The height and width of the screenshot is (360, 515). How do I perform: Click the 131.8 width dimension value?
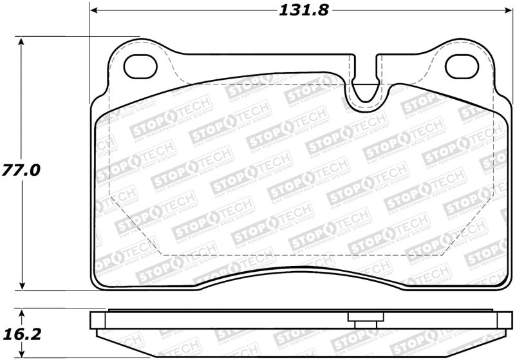295,10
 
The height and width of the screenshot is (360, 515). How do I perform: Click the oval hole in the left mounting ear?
140,64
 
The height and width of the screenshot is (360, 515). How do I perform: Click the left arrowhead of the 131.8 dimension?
95,11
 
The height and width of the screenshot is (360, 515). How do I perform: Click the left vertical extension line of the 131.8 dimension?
89,52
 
